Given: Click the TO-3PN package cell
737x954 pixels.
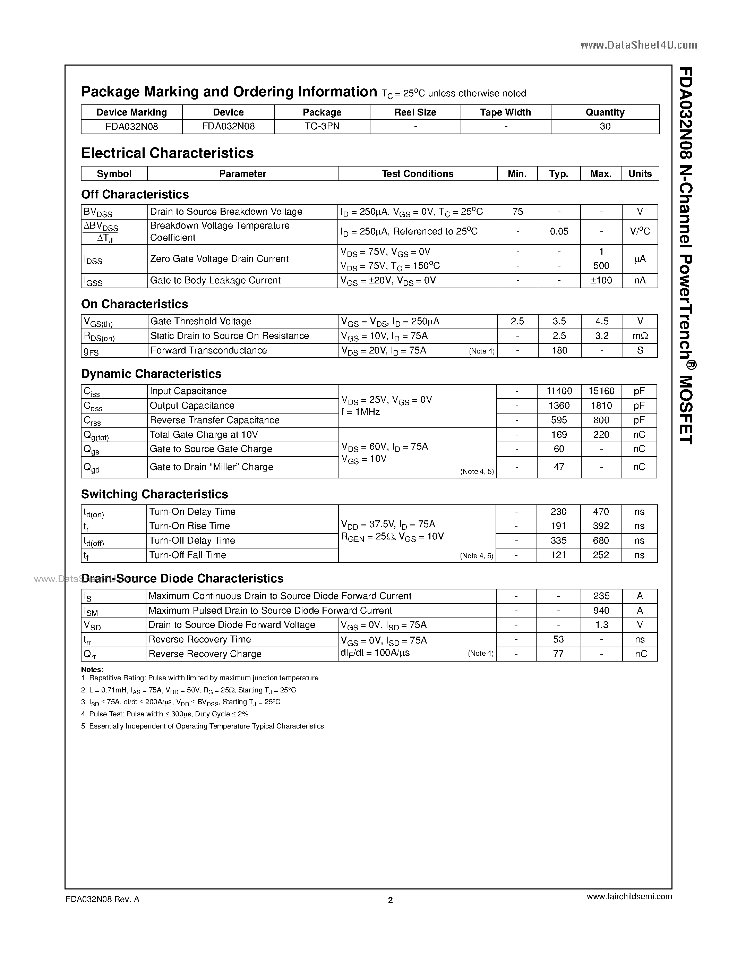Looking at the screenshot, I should click(x=322, y=126).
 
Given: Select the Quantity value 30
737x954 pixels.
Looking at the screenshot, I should click(x=605, y=126).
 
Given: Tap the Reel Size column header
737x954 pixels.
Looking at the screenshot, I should click(x=415, y=112).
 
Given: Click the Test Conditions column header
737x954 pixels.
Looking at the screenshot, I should click(x=417, y=173).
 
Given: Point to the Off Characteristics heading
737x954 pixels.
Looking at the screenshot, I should click(x=135, y=194).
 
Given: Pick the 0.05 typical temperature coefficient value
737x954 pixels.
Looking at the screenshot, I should click(x=559, y=231).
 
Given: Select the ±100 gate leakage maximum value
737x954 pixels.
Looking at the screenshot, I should click(x=601, y=280).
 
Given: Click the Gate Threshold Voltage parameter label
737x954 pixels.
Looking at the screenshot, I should click(x=201, y=322).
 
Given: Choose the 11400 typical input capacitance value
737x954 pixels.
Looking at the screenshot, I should click(x=559, y=391).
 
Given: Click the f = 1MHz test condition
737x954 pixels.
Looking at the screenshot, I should click(x=360, y=412).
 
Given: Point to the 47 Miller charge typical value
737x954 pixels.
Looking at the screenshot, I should click(x=559, y=467).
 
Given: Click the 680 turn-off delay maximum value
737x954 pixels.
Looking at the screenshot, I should click(x=601, y=541).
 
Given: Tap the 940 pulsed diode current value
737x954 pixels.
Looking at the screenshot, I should click(x=601, y=611).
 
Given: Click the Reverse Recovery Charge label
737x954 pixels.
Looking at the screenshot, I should click(x=205, y=654).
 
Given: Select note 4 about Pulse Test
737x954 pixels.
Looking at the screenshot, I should click(x=165, y=714).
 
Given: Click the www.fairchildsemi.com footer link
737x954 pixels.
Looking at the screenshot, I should click(x=629, y=896).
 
